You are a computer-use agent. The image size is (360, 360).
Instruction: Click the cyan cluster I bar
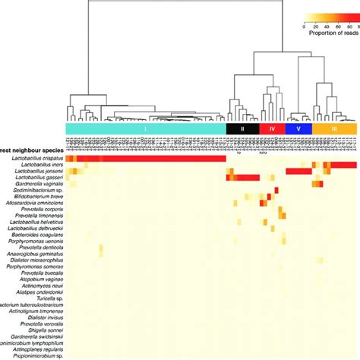[144, 130]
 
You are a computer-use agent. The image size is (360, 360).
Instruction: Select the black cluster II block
[242, 130]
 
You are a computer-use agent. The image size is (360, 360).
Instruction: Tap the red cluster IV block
[272, 130]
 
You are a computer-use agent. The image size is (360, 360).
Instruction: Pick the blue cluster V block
[298, 130]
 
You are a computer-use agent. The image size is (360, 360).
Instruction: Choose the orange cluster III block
[335, 130]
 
